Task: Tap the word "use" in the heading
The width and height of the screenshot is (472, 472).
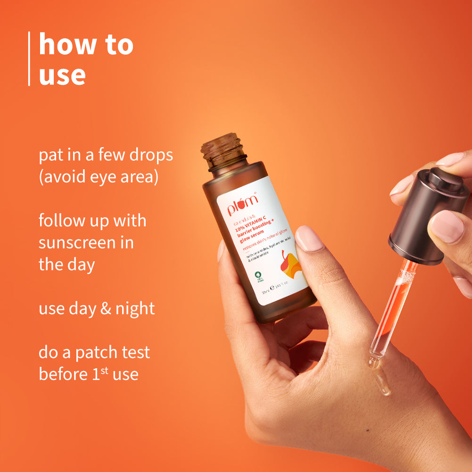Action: click(62, 75)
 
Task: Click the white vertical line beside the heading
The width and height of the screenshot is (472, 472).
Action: click(29, 59)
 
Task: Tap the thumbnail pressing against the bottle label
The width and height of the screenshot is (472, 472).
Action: click(310, 239)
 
